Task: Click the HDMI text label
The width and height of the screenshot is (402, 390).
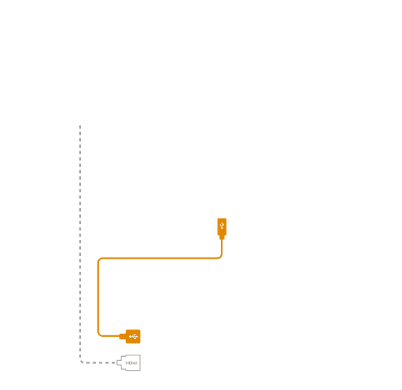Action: tap(131, 363)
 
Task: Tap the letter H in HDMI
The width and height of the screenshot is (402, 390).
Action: tap(127, 363)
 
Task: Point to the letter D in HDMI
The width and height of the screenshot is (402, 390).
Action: tap(130, 363)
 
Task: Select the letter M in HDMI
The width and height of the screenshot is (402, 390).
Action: tap(134, 363)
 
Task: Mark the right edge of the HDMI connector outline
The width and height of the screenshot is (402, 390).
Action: tap(140, 362)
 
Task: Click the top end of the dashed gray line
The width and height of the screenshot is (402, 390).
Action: tap(80, 126)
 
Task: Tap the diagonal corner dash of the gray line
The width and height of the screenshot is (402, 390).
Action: tap(82, 362)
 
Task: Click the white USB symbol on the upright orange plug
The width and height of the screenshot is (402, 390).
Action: tap(222, 226)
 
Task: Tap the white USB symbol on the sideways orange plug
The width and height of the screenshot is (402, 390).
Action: tap(133, 336)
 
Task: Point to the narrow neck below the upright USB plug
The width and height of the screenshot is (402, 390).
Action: tap(222, 238)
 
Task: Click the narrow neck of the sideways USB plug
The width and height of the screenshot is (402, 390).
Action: tap(122, 336)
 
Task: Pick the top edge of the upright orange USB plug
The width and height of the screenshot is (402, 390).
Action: tap(222, 219)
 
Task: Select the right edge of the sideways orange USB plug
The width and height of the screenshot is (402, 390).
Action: tap(140, 336)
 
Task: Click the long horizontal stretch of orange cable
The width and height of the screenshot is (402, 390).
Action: tap(160, 258)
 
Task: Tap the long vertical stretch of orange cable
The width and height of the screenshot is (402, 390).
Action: tap(98, 297)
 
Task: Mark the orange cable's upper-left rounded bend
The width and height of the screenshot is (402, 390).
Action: tap(99, 259)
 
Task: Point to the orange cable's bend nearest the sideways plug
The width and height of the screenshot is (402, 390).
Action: tap(99, 334)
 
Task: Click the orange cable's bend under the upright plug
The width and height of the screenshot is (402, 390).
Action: tap(221, 257)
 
